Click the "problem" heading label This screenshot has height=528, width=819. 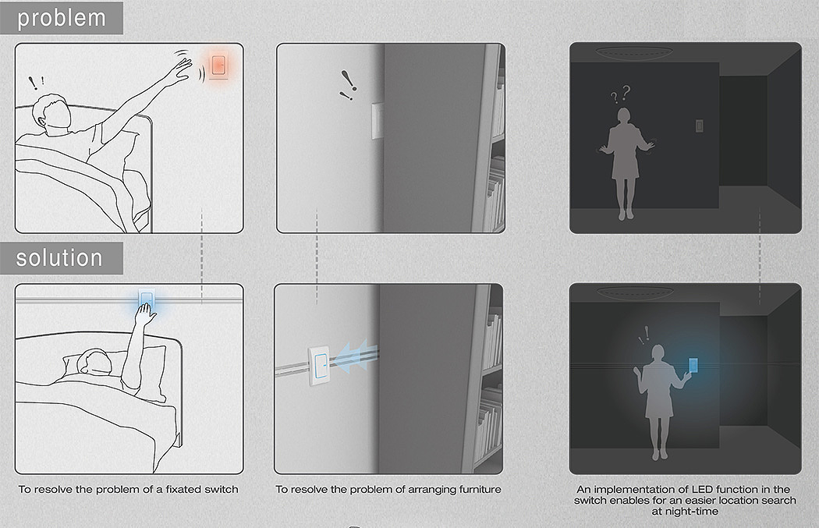(x=62, y=18)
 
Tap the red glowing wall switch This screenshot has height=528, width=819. (x=219, y=66)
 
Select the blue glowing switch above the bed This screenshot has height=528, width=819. (x=147, y=299)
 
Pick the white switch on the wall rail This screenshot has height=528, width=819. (x=319, y=366)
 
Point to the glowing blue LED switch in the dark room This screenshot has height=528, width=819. (x=693, y=365)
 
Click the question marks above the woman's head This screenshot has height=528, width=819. (x=621, y=94)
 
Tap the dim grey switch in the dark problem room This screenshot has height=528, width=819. (x=700, y=126)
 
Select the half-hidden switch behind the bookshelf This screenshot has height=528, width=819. (x=377, y=121)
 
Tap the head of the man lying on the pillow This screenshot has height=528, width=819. (x=94, y=362)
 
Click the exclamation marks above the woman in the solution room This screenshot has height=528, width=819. (x=643, y=335)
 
